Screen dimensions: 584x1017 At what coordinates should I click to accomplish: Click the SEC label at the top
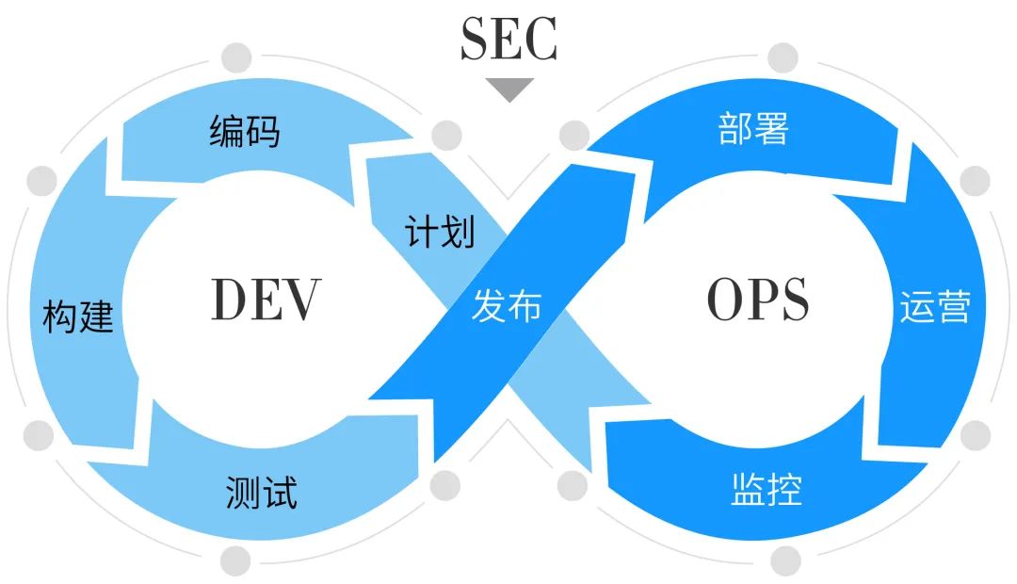[x=508, y=39]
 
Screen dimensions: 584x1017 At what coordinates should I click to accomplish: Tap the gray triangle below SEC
[x=509, y=89]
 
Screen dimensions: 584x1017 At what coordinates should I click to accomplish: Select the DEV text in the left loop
[x=266, y=299]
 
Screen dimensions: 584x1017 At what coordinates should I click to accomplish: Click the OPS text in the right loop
[x=757, y=300]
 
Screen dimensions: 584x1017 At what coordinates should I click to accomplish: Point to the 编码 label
[x=245, y=132]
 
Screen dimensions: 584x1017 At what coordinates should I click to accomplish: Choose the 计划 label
[x=440, y=231]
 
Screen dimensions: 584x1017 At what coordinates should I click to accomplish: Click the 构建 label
[x=78, y=316]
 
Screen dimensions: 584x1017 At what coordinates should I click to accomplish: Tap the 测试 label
[x=261, y=492]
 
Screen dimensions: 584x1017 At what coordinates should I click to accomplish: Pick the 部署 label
[x=752, y=129]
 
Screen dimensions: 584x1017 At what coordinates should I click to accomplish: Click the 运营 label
[x=935, y=307]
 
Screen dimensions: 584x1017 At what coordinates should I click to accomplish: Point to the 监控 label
[x=767, y=490]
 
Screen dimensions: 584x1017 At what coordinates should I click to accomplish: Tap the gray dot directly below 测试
[x=236, y=560]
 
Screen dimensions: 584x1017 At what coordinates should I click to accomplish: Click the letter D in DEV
[x=230, y=299]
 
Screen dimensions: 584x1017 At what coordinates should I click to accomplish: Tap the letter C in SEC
[x=541, y=39]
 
